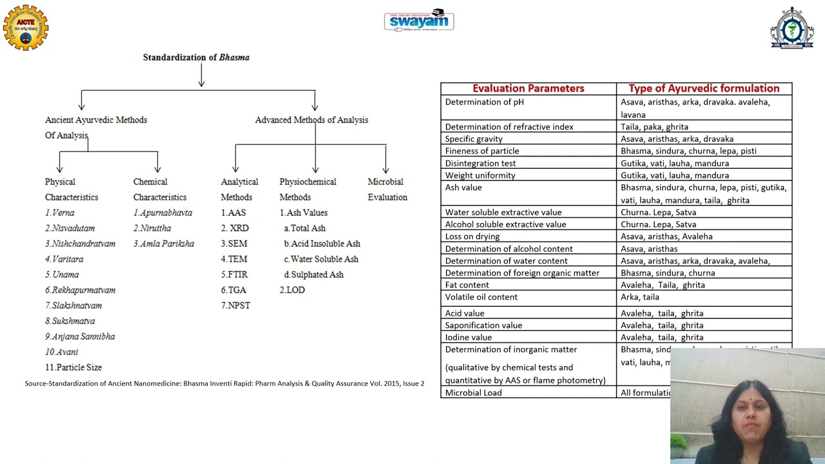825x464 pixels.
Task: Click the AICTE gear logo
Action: click(26, 28)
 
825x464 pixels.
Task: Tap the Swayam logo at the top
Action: click(419, 21)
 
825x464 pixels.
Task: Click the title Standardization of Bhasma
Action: click(196, 57)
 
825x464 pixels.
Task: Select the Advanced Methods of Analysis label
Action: click(311, 120)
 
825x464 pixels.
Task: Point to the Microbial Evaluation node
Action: click(387, 189)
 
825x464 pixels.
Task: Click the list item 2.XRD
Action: click(235, 228)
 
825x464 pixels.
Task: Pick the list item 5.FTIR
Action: click(235, 275)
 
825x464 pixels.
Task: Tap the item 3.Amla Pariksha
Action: click(164, 244)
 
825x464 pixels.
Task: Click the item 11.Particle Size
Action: click(73, 367)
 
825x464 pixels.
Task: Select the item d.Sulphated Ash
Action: click(314, 275)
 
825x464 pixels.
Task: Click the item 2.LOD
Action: click(292, 290)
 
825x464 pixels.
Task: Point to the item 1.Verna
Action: click(59, 213)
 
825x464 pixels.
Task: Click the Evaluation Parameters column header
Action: click(529, 89)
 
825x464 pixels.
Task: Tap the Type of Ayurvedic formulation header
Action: click(704, 89)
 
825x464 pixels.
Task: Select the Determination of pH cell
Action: click(484, 102)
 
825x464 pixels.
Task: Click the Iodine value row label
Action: click(468, 337)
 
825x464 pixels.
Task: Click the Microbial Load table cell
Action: click(473, 392)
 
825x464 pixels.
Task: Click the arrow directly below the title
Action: click(202, 76)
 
